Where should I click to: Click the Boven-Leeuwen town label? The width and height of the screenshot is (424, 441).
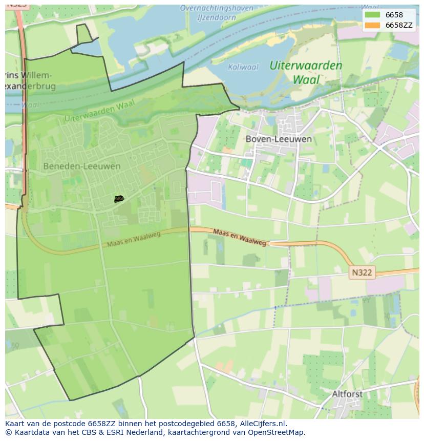(279, 139)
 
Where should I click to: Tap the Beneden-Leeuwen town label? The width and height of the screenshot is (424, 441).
(82, 166)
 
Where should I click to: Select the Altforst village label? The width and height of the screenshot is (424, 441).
(347, 394)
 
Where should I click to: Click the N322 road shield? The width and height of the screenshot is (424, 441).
(362, 273)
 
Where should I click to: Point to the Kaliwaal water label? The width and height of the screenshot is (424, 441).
(243, 67)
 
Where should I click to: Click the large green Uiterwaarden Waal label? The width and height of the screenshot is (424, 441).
(306, 72)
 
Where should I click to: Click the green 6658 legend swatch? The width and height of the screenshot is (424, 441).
(373, 15)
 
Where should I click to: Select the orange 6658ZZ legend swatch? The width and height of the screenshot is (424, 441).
(373, 25)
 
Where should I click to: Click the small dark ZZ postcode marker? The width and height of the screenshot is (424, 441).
(119, 199)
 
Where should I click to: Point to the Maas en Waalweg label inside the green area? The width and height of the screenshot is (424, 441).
(134, 239)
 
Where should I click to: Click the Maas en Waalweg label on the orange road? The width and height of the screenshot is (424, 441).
(239, 237)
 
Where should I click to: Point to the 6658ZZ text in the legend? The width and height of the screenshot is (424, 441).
(399, 25)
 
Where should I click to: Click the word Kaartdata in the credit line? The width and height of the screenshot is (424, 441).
(27, 432)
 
